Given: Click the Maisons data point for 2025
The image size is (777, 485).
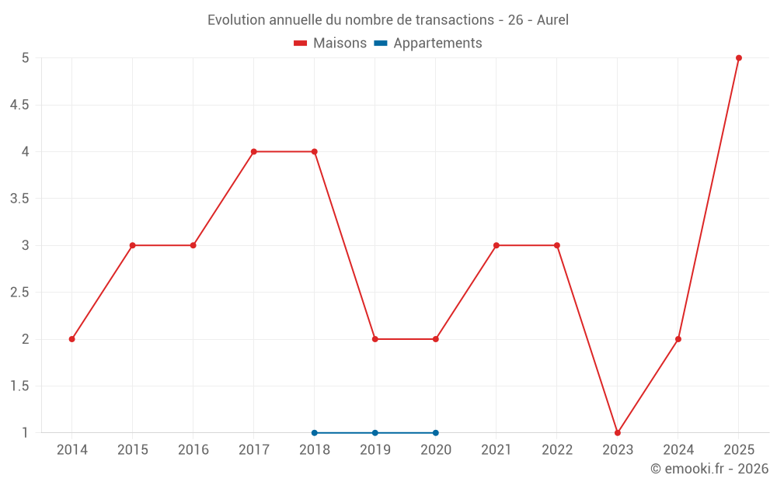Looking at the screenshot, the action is point(739,58).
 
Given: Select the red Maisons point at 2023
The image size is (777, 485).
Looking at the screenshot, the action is point(618,433).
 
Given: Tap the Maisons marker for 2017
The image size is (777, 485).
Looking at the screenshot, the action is point(254,151).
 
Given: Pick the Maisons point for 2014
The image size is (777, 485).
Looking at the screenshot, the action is point(71,339).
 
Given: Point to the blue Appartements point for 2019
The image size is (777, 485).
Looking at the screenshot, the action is point(375,433).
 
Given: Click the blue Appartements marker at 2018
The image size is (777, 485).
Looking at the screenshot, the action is point(314,433).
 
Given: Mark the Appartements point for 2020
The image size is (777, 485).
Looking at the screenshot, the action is point(436,433).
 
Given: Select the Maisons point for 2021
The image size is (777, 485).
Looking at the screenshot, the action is point(496,245).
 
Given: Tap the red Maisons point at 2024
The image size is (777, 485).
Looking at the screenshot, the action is point(678,339).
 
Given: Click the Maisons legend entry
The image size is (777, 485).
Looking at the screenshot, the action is point(330,43).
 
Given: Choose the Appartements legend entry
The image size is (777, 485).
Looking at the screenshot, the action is point(428,43).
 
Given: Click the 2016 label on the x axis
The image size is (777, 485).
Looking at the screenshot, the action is point(193,450).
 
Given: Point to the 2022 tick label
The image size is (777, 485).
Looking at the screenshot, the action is point(557,450).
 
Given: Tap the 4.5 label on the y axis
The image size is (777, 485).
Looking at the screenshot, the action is point(19,105).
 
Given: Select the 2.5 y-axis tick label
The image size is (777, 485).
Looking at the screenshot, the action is point(19,293).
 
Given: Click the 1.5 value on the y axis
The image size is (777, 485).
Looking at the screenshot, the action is point(19,386).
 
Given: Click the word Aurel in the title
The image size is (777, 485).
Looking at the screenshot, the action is point(552,20).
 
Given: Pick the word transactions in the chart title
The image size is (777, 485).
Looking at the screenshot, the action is point(455,20).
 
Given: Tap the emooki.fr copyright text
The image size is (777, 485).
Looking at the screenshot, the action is point(709,468).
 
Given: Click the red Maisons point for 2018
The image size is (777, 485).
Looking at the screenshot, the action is point(314,151).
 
